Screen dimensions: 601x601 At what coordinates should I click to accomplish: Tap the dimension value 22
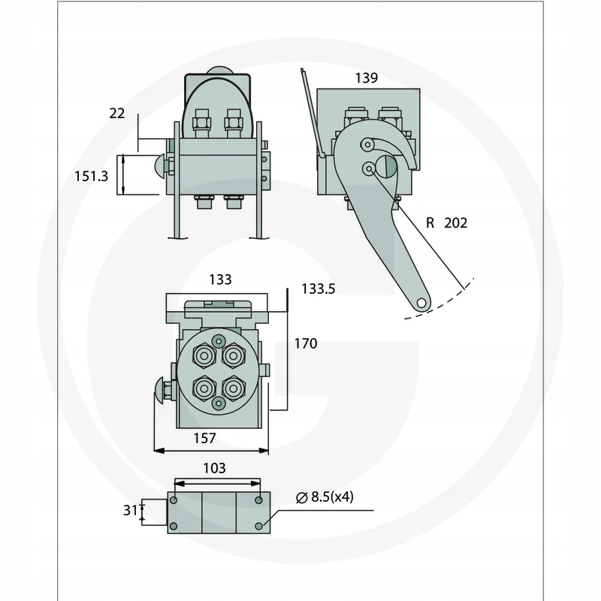[x=116, y=113]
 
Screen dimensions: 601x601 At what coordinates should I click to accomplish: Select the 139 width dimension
[x=367, y=77]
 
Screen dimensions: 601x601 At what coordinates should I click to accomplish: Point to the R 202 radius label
[x=446, y=223]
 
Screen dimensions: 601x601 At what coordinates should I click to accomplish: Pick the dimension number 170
[x=305, y=343]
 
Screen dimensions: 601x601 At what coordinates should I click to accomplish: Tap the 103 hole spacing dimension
[x=214, y=468]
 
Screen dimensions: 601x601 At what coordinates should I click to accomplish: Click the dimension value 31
[x=131, y=510]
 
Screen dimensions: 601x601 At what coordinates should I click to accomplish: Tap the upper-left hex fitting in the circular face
[x=203, y=355]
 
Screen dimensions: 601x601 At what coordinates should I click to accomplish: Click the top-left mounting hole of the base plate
[x=174, y=500]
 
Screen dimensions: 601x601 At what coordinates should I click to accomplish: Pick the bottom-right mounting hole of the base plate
[x=259, y=525]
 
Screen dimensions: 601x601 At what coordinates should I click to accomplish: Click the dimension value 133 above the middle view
[x=220, y=279]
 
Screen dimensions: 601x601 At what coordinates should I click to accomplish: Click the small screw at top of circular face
[x=219, y=340]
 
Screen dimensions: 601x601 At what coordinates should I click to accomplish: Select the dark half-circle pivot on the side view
[x=387, y=167]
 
